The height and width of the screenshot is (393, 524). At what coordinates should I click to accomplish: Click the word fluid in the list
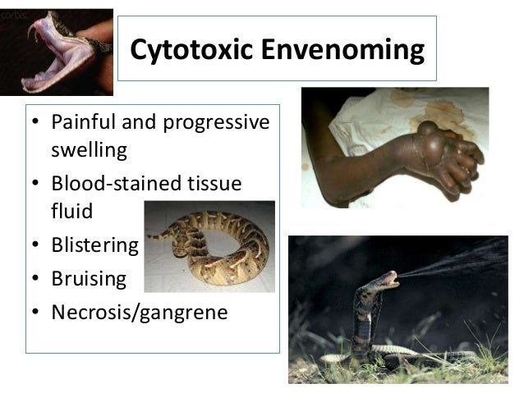point(71,212)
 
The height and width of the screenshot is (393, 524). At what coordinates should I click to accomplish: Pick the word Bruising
point(89,279)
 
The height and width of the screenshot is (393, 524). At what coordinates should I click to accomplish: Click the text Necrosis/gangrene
point(138,312)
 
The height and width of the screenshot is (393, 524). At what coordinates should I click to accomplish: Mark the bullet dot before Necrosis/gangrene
point(36,313)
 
